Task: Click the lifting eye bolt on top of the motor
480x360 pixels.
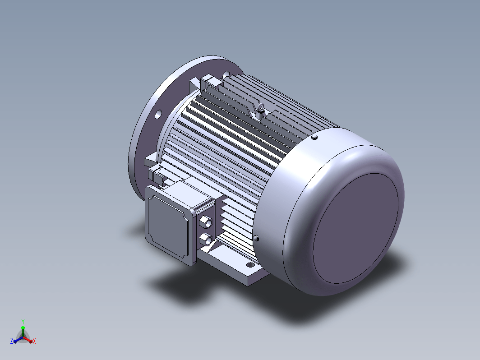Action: pos(260,111)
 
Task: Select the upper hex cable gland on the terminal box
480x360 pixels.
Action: pos(206,222)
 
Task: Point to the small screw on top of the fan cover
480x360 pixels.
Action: pos(314,137)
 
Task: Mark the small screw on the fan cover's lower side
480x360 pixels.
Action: pos(256,238)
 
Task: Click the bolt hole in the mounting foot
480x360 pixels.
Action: pos(250,265)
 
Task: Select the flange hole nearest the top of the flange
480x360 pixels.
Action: pos(226,74)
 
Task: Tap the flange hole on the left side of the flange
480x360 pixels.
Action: pos(158,115)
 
